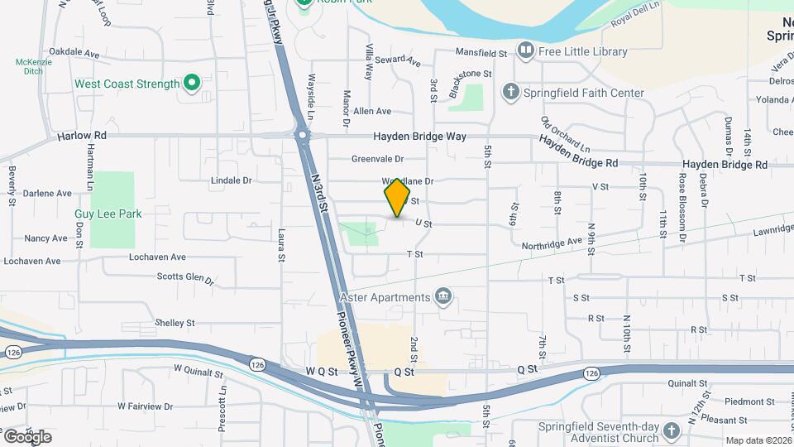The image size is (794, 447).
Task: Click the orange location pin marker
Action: click(x=397, y=197)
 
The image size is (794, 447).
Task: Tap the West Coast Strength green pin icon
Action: click(x=192, y=83)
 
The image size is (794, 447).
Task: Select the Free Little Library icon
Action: click(x=524, y=51)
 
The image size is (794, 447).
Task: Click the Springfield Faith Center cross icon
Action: click(x=511, y=92)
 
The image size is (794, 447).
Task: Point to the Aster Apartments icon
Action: click(x=444, y=296)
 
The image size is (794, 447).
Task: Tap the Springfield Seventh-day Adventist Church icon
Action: click(x=671, y=429)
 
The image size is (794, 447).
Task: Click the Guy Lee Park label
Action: click(x=108, y=214)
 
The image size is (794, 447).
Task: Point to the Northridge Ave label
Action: click(x=552, y=243)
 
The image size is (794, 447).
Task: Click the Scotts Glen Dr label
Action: click(x=185, y=278)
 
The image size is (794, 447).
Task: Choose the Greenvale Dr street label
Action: click(x=376, y=158)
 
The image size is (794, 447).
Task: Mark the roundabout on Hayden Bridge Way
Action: click(x=303, y=135)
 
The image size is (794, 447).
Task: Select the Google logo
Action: click(x=27, y=436)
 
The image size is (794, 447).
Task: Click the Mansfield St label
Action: click(x=481, y=53)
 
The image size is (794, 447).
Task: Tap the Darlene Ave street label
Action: click(x=47, y=193)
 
